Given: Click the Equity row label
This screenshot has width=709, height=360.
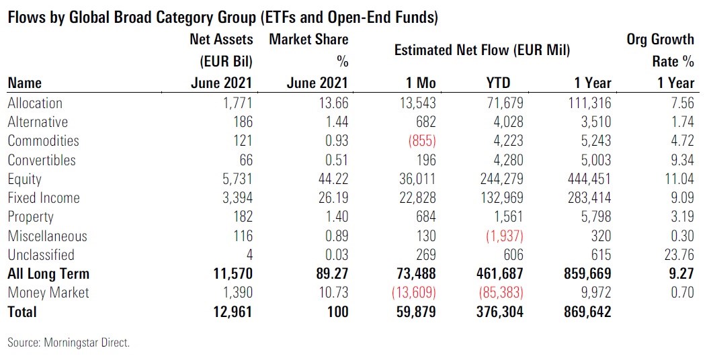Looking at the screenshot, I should (x=24, y=179).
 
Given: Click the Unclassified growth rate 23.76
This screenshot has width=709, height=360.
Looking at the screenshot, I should (x=676, y=255).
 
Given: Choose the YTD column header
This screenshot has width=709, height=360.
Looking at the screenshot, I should (x=497, y=83).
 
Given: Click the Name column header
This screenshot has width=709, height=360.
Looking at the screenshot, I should (x=24, y=83).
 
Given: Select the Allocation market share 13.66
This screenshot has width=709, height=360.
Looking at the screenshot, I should (x=330, y=103).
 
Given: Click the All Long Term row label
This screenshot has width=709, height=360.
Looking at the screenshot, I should (x=48, y=274).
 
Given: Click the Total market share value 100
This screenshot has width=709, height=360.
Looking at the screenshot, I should (x=336, y=312).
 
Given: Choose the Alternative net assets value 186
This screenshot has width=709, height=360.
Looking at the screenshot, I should (x=241, y=122).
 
